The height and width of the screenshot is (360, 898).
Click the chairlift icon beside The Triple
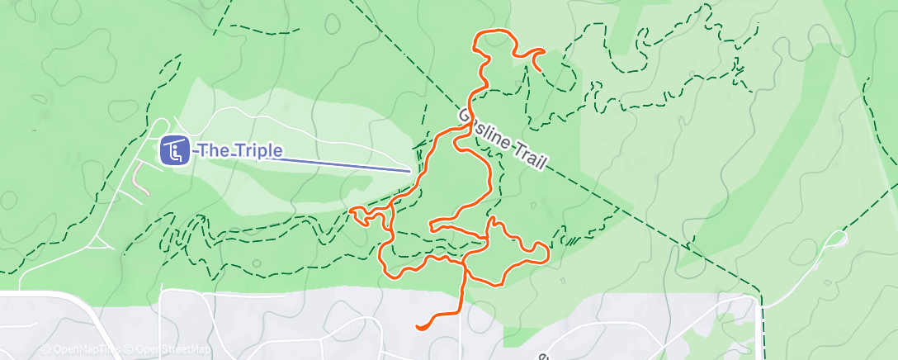point(174,151)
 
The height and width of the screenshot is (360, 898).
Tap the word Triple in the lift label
point(256,151)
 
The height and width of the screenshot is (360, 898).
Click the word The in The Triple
point(210,151)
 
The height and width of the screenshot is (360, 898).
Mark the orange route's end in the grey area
point(418,327)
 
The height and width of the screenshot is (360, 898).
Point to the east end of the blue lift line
point(410,171)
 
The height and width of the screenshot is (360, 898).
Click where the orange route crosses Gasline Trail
point(462,116)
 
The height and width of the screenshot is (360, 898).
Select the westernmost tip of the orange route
point(352,212)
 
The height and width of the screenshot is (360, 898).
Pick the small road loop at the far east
point(837,240)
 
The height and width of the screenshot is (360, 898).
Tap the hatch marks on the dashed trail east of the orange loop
point(569,240)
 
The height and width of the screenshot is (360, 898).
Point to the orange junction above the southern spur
point(465,271)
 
